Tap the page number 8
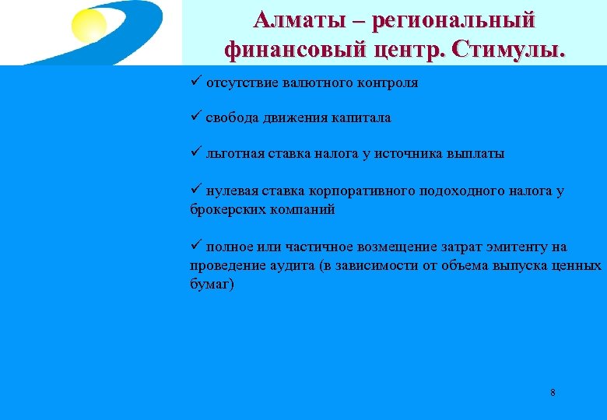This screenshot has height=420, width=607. [x=553, y=392]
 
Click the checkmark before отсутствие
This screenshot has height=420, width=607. [x=195, y=82]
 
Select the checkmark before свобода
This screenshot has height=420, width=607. [x=195, y=117]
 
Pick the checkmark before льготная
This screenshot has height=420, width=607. [x=195, y=153]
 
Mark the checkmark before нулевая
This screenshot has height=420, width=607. [x=195, y=191]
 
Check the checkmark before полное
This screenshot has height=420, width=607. [x=195, y=247]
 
